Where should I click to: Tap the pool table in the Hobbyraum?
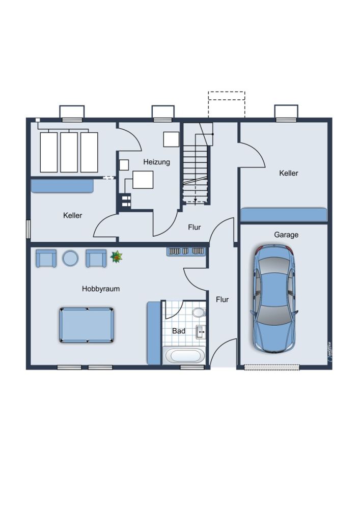pyautogui.click(x=87, y=325)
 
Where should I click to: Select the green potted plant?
pyautogui.click(x=116, y=257)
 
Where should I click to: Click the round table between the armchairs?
pyautogui.click(x=70, y=258)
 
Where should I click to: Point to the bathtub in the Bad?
pyautogui.click(x=184, y=355)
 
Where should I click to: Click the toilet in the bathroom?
pyautogui.click(x=199, y=313)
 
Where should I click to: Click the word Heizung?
pyautogui.click(x=156, y=162)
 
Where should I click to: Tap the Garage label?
pyautogui.click(x=286, y=235)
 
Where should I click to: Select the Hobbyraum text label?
pyautogui.click(x=101, y=289)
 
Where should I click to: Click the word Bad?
pyautogui.click(x=179, y=331)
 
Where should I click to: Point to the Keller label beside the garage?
pyautogui.click(x=289, y=173)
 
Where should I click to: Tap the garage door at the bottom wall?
pyautogui.click(x=271, y=367)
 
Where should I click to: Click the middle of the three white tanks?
pyautogui.click(x=69, y=152)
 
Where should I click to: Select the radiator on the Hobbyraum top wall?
pyautogui.click(x=186, y=251)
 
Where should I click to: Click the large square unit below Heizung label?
pyautogui.click(x=143, y=180)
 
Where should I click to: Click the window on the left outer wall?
pyautogui.click(x=28, y=229)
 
